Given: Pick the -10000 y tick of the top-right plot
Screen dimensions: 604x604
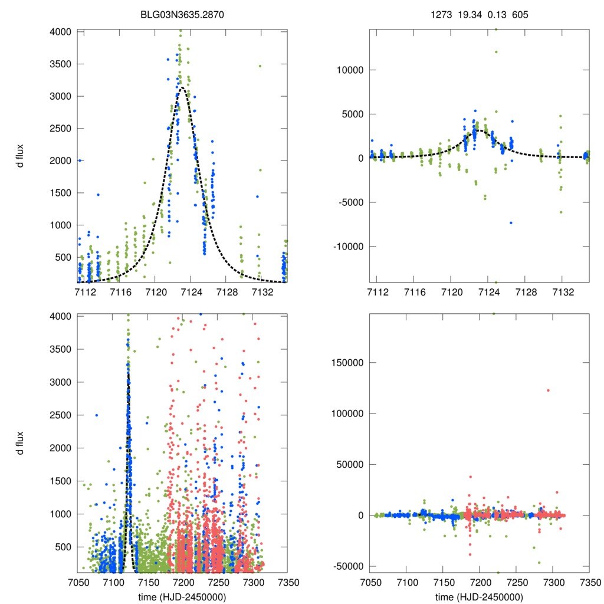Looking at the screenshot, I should pyautogui.click(x=349, y=246).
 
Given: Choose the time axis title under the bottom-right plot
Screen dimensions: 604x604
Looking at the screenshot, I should pyautogui.click(x=479, y=596).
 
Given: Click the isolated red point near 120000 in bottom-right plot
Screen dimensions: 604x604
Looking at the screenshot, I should pyautogui.click(x=548, y=390).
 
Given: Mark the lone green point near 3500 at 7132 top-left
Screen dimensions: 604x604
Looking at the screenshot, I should pyautogui.click(x=260, y=66).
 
